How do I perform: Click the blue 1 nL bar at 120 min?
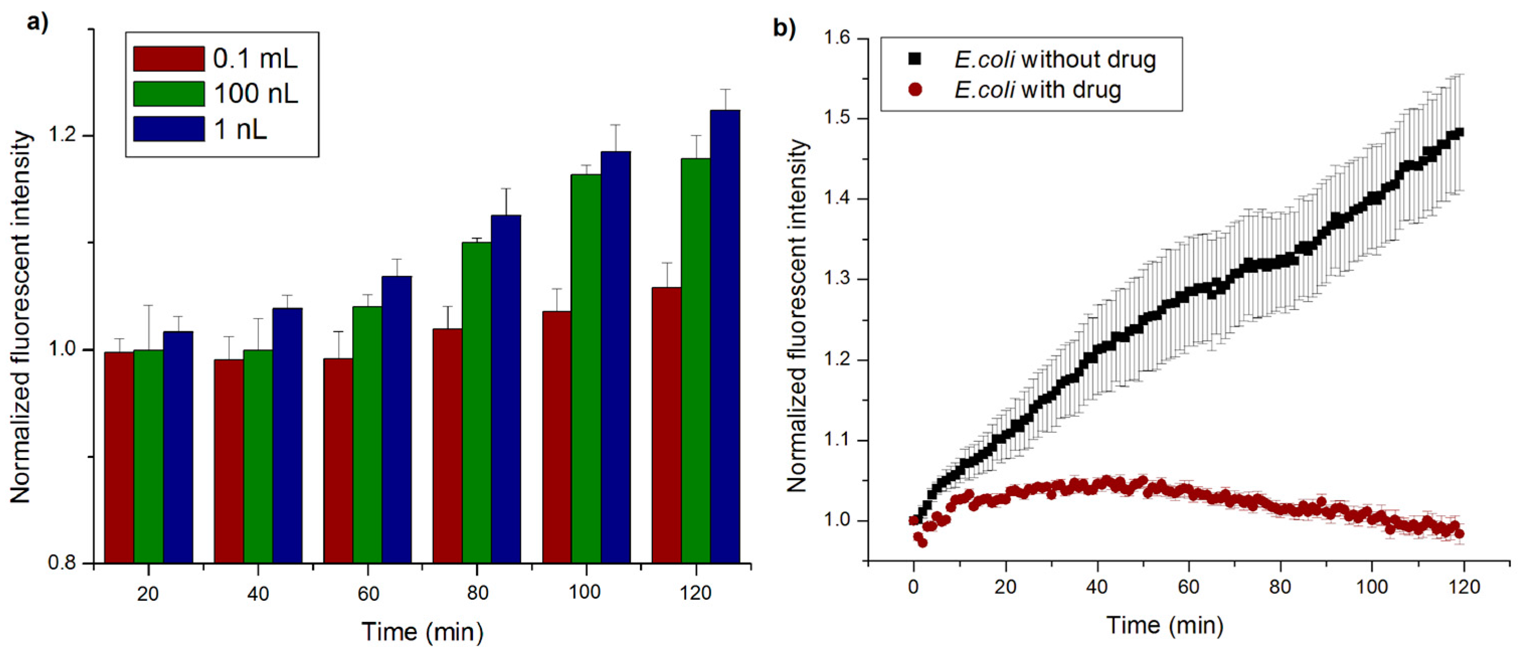tap(725, 336)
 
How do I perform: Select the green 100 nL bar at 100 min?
tap(586, 369)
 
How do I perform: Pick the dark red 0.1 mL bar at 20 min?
tap(119, 457)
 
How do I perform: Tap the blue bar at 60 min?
tap(397, 420)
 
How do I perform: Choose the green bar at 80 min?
tap(477, 403)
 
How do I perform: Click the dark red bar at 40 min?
tap(229, 461)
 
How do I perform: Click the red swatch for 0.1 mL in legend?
tap(169, 58)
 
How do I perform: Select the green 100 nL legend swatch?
tap(169, 94)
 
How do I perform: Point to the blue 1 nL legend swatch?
tap(169, 129)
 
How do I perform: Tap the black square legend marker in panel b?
tap(915, 59)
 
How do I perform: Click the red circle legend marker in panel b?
tap(915, 89)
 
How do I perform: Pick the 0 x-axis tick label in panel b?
tap(914, 587)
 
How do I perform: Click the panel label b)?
tap(784, 28)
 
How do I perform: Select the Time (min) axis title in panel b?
tap(1165, 625)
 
